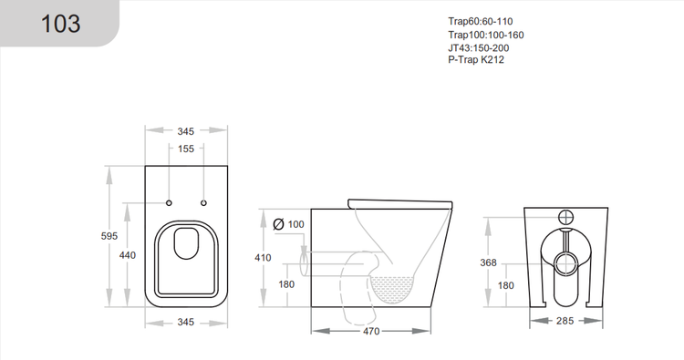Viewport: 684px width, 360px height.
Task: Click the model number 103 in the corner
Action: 61,24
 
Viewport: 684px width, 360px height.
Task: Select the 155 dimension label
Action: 186,149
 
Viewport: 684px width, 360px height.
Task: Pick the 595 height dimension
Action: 109,236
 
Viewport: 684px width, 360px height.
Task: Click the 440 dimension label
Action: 128,255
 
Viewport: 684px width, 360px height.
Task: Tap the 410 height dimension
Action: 263,258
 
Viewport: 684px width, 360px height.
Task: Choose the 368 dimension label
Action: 488,263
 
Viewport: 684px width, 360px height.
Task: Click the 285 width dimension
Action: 566,320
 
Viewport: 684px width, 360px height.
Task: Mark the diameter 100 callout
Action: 290,223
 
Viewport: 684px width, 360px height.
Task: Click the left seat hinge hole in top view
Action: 170,201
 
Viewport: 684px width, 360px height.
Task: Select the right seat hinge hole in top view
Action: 203,201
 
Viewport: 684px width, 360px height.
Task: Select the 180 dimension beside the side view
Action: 286,283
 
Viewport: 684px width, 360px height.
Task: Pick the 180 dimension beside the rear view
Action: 506,285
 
